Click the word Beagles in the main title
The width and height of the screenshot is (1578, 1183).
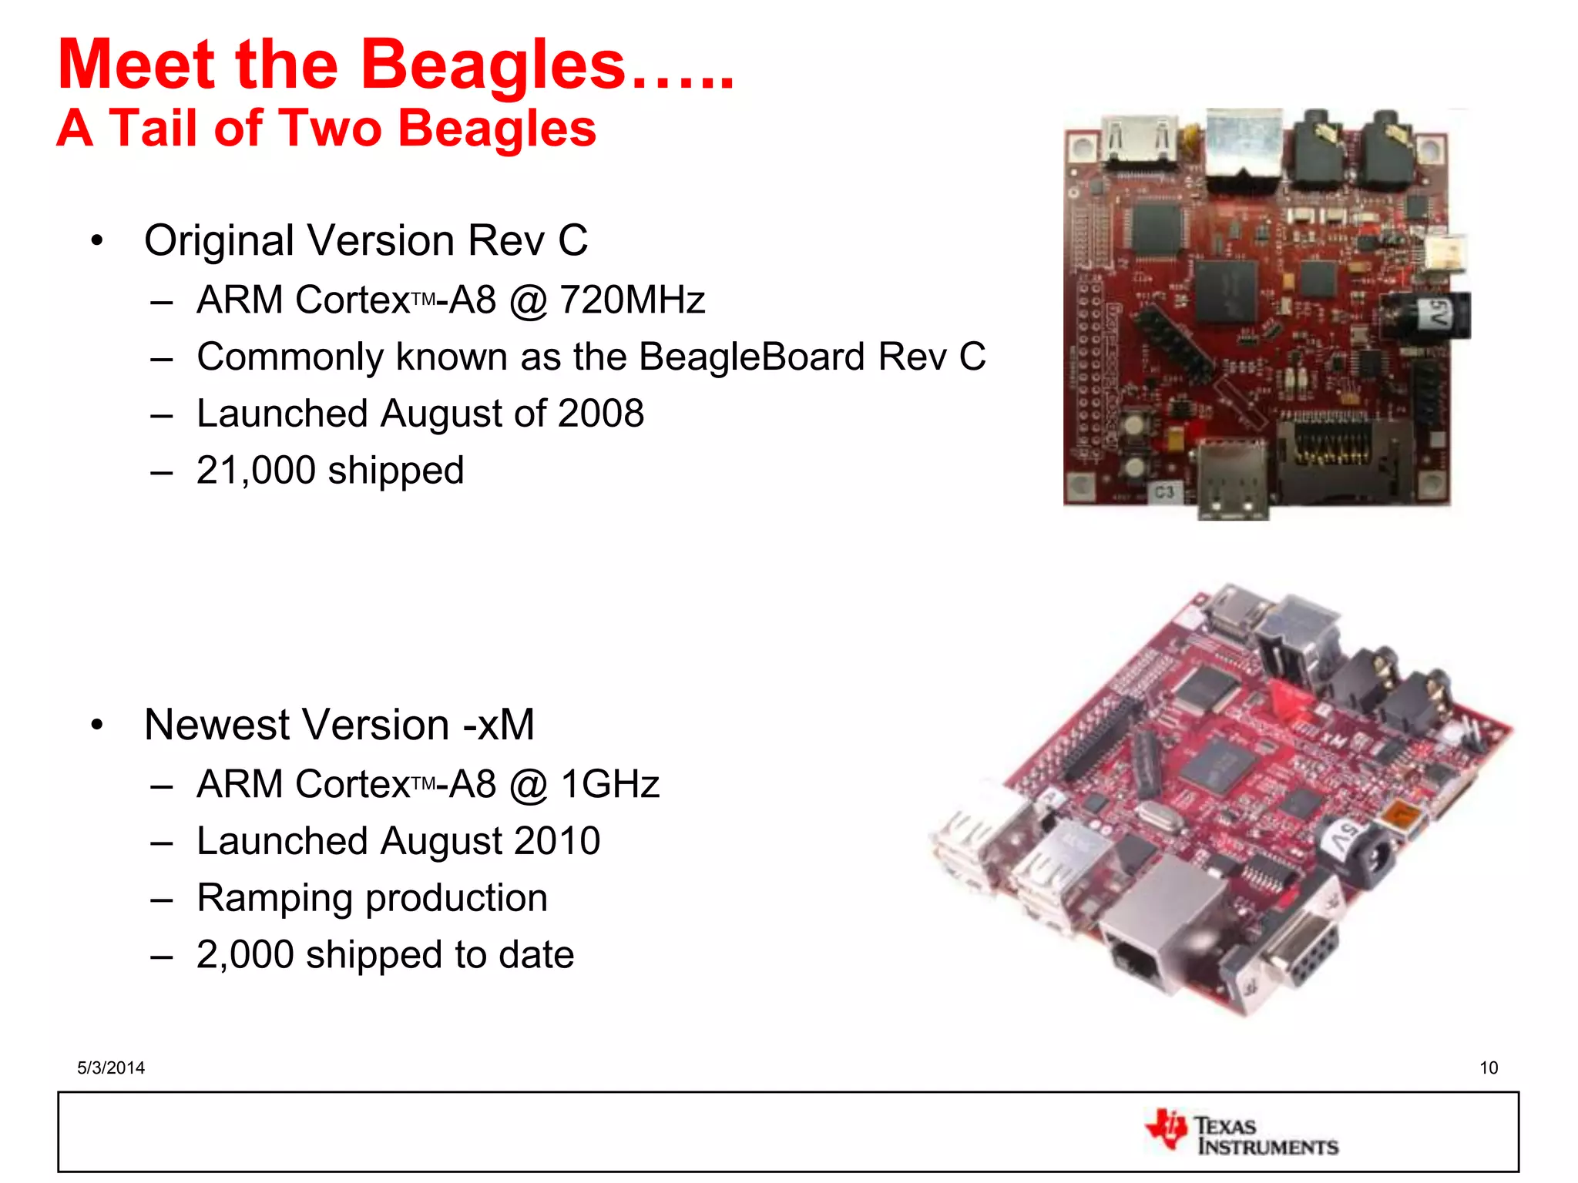click(493, 65)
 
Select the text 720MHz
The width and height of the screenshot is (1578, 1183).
click(632, 300)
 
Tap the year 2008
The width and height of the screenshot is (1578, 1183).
click(601, 414)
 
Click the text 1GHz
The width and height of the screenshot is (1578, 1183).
click(609, 785)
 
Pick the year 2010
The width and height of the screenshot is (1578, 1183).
click(557, 841)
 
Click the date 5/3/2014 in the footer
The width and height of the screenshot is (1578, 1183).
click(111, 1067)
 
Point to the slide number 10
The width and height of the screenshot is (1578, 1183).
click(1488, 1067)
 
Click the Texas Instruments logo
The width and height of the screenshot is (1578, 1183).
click(1241, 1134)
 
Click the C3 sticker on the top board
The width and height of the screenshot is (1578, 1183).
click(1163, 491)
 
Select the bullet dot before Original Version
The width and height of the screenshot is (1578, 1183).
click(96, 241)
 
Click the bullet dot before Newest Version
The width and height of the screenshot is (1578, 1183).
click(96, 726)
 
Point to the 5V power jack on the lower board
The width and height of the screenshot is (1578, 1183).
click(1360, 847)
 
